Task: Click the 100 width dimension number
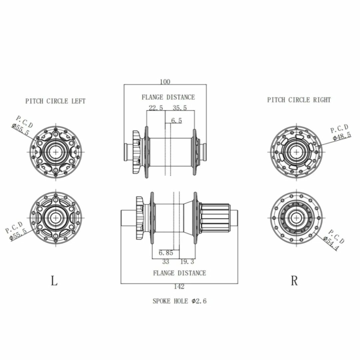(165, 82)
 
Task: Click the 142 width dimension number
(179, 287)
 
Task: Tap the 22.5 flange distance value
(156, 108)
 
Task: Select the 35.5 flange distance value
(180, 108)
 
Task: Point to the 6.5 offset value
(177, 121)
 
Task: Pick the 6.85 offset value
(166, 253)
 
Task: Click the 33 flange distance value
(166, 262)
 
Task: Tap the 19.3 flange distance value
(187, 262)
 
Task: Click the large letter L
(54, 280)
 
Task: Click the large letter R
(294, 280)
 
